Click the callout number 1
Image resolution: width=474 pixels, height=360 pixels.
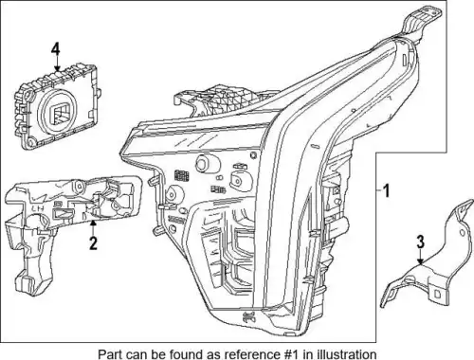pyautogui.click(x=386, y=191)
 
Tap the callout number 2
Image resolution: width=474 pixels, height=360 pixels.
pyautogui.click(x=93, y=243)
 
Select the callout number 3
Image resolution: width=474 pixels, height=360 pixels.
pyautogui.click(x=420, y=243)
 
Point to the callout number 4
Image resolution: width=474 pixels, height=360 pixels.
pyautogui.click(x=56, y=50)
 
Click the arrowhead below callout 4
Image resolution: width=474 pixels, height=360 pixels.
pyautogui.click(x=57, y=68)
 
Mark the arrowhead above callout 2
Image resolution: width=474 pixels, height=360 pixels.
pyautogui.click(x=93, y=224)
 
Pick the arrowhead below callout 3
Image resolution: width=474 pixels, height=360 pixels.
pyautogui.click(x=420, y=261)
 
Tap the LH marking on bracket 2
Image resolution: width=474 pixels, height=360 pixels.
pyautogui.click(x=37, y=207)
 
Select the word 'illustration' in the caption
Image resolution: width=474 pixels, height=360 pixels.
pyautogui.click(x=347, y=354)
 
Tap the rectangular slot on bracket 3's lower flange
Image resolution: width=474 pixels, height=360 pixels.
pyautogui.click(x=437, y=294)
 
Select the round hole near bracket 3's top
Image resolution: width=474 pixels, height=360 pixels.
pyautogui.click(x=462, y=233)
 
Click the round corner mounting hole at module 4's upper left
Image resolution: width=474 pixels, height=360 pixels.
pyautogui.click(x=29, y=94)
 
